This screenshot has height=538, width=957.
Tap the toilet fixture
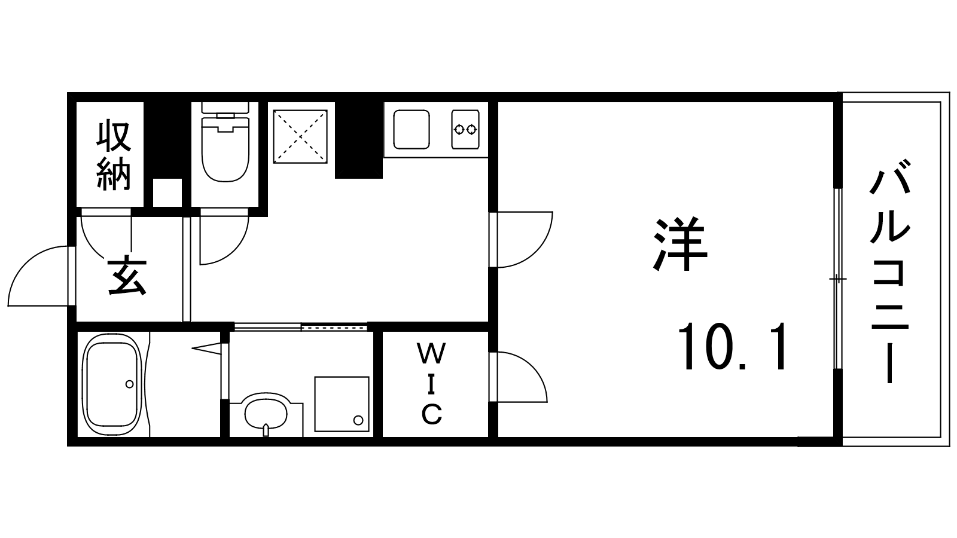pos(225,142)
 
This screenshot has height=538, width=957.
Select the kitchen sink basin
pos(412,129)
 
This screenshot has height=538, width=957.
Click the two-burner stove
pos(465,129)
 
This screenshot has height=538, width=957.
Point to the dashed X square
pos(300,137)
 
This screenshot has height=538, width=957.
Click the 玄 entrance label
pos(127,276)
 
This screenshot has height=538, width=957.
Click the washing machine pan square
pos(342,404)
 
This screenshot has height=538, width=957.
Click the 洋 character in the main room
pos(680,244)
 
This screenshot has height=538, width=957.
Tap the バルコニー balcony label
pos(889,271)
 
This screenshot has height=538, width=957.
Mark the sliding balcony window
pos(838,279)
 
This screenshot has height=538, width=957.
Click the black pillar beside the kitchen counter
pos(358,140)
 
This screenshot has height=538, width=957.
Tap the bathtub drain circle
pos(129,384)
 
